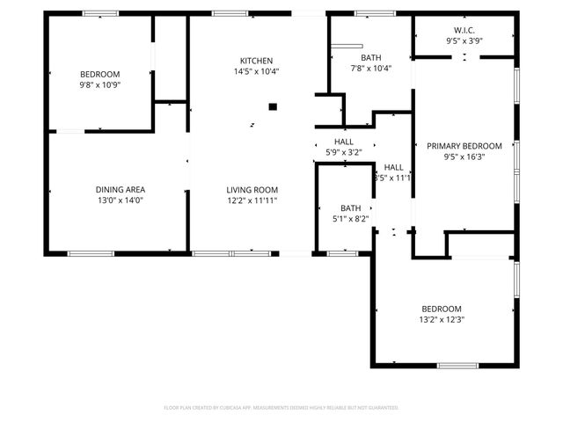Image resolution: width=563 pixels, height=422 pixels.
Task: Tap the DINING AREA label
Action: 121,189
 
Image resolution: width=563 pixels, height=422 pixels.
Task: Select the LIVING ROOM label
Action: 252,189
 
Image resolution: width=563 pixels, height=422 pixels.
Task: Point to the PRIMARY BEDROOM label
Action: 464,146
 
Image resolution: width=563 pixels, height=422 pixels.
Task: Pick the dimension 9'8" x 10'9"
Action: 100,85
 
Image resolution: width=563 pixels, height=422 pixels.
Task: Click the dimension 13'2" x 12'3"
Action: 442,320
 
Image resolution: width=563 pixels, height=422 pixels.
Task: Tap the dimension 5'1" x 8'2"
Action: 351,219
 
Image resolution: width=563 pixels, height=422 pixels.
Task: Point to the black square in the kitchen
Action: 273,107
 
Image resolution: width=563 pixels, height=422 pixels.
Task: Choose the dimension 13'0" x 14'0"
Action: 121,200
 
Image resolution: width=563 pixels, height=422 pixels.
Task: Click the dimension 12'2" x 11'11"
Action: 252,200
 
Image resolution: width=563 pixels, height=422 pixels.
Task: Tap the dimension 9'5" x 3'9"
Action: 464,40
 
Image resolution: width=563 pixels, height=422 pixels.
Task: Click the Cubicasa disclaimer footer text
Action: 281,408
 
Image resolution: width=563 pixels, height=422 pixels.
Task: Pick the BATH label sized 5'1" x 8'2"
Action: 351,208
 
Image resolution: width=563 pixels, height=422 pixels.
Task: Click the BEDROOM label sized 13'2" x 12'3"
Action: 442,309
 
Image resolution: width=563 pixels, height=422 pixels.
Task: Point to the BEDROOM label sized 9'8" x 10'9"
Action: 100,74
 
